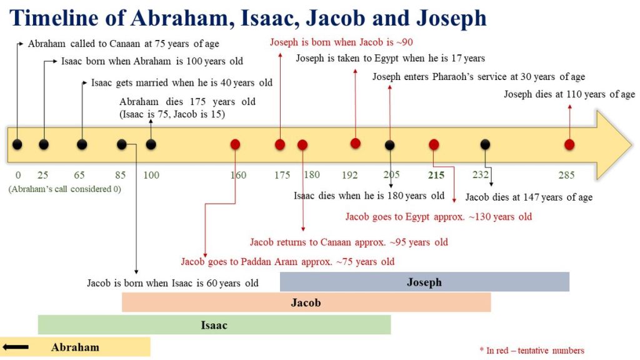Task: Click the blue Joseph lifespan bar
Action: (424, 282)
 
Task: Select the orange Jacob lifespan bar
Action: (306, 302)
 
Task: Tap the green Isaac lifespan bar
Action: (214, 325)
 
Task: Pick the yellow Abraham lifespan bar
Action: (75, 347)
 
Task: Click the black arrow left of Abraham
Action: (16, 347)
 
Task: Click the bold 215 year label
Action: (436, 175)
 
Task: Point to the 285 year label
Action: (566, 175)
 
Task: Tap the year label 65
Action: (79, 175)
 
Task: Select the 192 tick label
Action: (350, 175)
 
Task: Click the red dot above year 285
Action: (569, 144)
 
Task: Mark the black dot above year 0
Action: (17, 144)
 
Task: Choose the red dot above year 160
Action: (235, 144)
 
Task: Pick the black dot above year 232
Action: (485, 144)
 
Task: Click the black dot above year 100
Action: (151, 144)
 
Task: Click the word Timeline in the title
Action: (54, 17)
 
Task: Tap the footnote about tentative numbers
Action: (532, 350)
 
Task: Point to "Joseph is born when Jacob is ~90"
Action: (341, 42)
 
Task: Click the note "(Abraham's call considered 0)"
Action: (65, 189)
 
